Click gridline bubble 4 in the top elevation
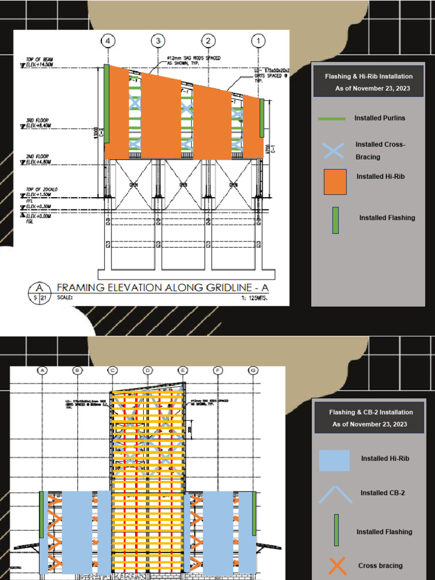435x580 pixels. click(x=109, y=41)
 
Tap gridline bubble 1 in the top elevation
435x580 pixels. click(x=259, y=41)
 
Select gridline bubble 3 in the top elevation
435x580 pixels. click(x=159, y=41)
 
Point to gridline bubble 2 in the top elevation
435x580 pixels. click(x=208, y=41)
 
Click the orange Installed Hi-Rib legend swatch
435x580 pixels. click(x=335, y=182)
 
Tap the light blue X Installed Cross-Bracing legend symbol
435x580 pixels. click(x=333, y=150)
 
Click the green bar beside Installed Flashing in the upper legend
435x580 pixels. click(x=335, y=220)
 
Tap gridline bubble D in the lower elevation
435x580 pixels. click(x=148, y=370)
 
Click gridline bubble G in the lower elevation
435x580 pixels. click(x=253, y=370)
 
